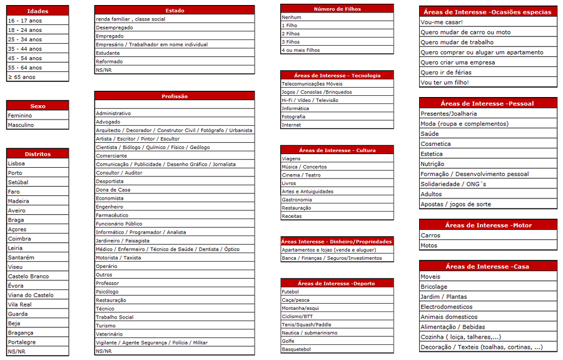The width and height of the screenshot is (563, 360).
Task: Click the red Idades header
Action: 38,11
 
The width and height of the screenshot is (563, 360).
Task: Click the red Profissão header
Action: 175,96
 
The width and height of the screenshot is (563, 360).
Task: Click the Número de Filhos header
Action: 337,9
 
